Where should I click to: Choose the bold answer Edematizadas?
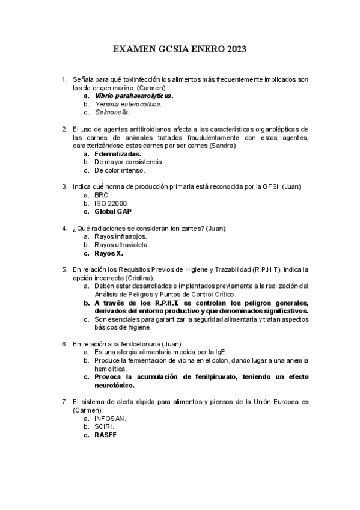118,153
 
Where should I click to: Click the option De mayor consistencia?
129,162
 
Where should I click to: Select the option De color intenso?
119,170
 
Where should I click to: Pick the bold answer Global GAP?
113,212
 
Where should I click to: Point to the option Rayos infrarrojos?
120,236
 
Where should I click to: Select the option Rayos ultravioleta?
122,245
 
